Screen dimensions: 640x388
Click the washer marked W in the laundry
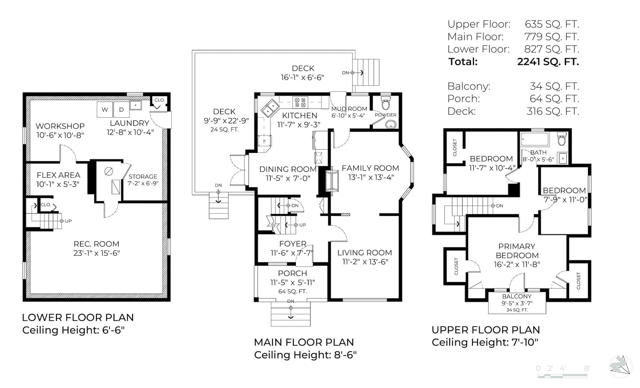[x=105, y=109]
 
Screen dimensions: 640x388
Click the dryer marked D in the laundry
[x=122, y=109]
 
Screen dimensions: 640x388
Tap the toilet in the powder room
[x=386, y=103]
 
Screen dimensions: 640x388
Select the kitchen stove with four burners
[x=300, y=103]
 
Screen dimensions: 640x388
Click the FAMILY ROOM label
[x=370, y=168]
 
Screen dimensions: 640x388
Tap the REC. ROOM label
[x=96, y=244]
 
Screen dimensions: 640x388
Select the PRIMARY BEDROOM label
[x=517, y=251]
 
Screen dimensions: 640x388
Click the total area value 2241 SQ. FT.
[x=548, y=62]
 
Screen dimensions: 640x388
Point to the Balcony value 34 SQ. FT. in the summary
[x=554, y=86]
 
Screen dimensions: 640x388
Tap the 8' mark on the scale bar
[x=587, y=368]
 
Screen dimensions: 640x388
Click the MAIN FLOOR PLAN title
[x=304, y=342]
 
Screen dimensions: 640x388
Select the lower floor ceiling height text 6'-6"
[x=114, y=330]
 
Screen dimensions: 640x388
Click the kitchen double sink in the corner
[x=270, y=108]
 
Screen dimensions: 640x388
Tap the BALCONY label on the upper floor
[x=517, y=296]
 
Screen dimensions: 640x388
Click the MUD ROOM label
[x=349, y=109]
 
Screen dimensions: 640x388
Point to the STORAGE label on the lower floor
[x=143, y=177]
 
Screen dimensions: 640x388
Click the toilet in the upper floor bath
[x=562, y=139]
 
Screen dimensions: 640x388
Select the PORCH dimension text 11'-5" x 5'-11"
[x=292, y=283]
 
